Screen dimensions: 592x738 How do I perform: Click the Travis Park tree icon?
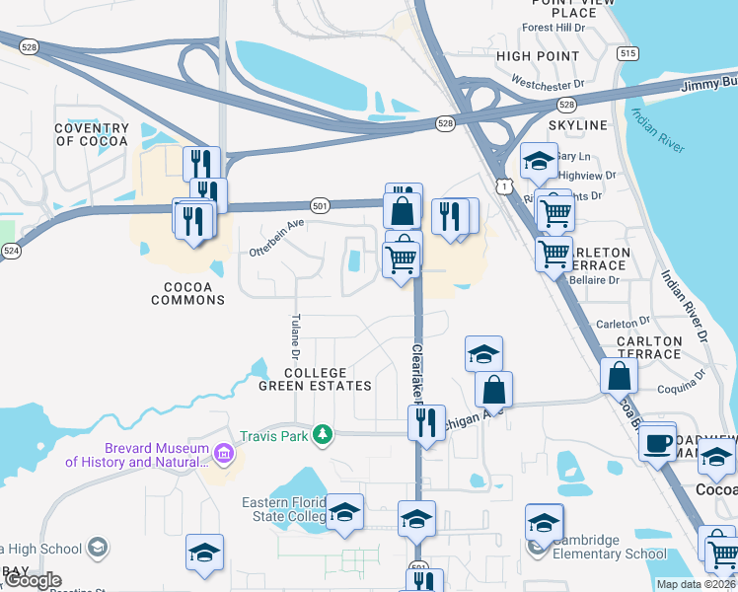click(x=322, y=434)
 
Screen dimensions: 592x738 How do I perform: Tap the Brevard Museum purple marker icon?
click(x=224, y=454)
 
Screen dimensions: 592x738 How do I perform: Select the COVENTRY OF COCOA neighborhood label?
click(x=92, y=135)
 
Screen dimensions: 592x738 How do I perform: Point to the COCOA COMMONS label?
click(x=187, y=292)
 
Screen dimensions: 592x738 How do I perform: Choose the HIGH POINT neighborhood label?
click(x=538, y=57)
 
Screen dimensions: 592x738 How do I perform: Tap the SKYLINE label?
click(x=578, y=126)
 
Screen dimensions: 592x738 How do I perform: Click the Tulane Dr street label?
click(x=295, y=336)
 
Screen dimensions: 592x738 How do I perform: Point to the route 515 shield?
click(x=627, y=54)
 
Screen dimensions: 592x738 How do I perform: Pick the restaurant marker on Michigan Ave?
click(x=426, y=421)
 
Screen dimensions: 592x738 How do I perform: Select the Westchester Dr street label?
click(x=550, y=85)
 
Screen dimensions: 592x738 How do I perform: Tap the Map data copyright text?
click(x=697, y=584)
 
